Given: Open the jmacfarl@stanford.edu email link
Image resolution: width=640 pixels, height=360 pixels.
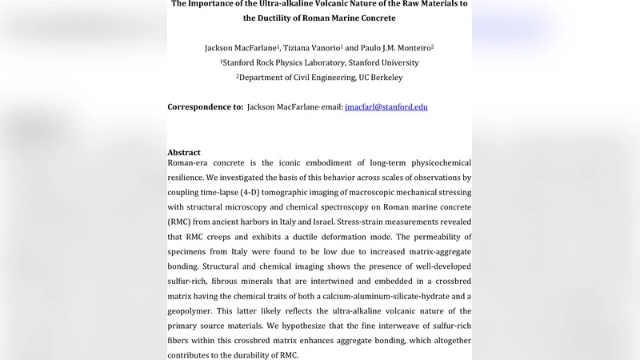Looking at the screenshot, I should pos(386,107).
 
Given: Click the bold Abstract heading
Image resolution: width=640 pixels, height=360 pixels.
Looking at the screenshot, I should pos(184,153).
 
